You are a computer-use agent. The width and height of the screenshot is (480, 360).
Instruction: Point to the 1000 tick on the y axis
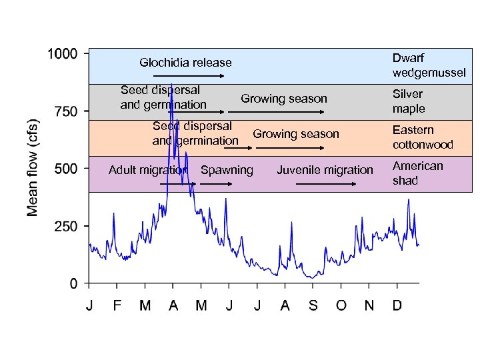click(x=61, y=54)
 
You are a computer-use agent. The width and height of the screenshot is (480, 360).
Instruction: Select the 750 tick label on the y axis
click(x=65, y=111)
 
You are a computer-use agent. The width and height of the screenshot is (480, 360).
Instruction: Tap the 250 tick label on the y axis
click(x=65, y=227)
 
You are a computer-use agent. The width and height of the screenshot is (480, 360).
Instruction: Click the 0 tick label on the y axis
click(x=73, y=284)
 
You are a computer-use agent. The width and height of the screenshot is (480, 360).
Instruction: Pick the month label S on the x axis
click(x=313, y=306)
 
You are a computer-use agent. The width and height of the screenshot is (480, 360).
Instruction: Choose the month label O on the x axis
click(x=341, y=306)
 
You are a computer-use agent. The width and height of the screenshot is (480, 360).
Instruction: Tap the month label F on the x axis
click(x=117, y=306)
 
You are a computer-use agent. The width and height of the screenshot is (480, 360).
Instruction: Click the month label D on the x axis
click(x=397, y=306)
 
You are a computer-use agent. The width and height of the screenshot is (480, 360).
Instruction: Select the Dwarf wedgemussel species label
click(x=429, y=65)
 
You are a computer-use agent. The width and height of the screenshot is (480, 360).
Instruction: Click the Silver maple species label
click(x=409, y=101)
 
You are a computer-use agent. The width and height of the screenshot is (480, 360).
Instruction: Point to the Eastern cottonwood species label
click(x=423, y=137)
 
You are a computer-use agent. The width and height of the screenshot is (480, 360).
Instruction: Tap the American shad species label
click(x=417, y=173)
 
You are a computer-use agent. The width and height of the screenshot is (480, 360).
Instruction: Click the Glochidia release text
click(x=185, y=63)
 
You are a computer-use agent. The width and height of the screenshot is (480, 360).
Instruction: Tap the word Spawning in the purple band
click(x=227, y=170)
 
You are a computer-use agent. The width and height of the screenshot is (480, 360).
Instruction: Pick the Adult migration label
click(x=147, y=170)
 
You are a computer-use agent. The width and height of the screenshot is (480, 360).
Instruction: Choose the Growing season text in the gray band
click(x=284, y=99)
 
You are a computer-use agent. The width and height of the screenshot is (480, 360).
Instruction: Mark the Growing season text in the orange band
click(x=296, y=134)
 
